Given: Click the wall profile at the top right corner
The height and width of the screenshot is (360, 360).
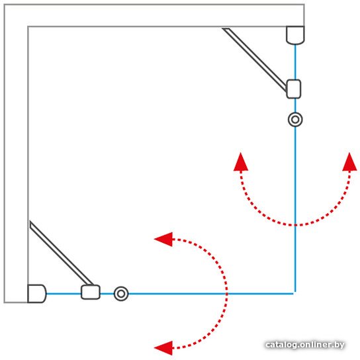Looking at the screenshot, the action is tap(295, 35).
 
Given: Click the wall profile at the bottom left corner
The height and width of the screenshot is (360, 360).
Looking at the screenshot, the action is tap(37, 293).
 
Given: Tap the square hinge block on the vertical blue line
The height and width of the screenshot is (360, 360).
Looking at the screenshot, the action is tap(294, 89).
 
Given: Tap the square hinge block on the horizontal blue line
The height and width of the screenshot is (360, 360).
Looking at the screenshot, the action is tap(91, 292).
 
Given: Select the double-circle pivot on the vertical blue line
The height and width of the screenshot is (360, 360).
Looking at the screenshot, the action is tap(295, 119).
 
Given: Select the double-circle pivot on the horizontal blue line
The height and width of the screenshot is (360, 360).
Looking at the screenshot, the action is tap(121, 294).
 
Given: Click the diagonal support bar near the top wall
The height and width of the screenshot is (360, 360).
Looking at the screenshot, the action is tap(255, 60).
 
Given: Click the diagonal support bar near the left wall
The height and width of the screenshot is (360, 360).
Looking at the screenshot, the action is tap(62, 253).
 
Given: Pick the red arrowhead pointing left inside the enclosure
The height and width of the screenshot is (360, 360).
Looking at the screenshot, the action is tap(163, 240).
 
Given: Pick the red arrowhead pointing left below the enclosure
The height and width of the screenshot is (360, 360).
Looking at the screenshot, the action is tap(163, 348).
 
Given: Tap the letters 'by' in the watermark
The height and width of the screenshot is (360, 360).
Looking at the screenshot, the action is tap(340, 345).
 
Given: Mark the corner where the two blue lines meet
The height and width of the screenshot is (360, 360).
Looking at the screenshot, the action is tap(295, 293).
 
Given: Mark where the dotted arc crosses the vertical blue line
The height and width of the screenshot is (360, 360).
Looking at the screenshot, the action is tap(295, 225).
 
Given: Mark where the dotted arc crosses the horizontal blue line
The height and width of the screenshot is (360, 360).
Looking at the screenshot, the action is tap(226, 293).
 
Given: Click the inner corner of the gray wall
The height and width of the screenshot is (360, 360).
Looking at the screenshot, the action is tap(28, 26).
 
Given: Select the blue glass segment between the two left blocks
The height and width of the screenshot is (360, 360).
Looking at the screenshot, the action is tap(64, 293).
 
